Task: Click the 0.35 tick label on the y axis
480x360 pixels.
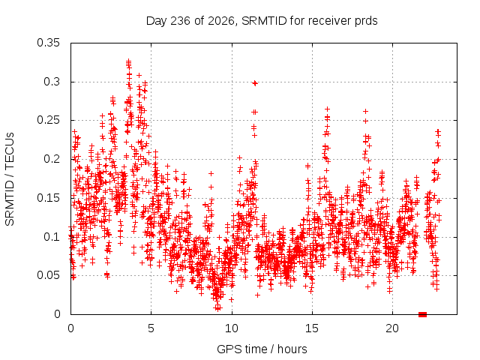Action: tap(48, 43)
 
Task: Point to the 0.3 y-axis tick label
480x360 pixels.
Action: tap(52, 82)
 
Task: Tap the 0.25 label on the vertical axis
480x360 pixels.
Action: tap(48, 120)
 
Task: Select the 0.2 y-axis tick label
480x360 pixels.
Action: tap(52, 159)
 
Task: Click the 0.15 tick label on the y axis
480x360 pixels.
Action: tap(48, 198)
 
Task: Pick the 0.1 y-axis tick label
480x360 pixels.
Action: tap(52, 237)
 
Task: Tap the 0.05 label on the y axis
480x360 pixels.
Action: tap(48, 275)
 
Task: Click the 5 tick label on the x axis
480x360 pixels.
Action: tap(151, 328)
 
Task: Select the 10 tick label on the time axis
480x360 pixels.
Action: tap(232, 328)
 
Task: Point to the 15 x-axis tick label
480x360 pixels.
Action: tap(312, 328)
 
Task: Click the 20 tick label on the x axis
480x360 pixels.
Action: tap(392, 328)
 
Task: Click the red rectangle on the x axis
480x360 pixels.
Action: tap(422, 314)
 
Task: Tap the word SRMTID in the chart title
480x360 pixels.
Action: tap(264, 21)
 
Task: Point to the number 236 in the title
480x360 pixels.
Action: tap(181, 21)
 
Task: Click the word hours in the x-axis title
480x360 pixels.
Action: tap(292, 349)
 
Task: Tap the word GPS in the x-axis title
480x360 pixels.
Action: tap(226, 349)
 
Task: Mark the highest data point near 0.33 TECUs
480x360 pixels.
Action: tap(128, 61)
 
